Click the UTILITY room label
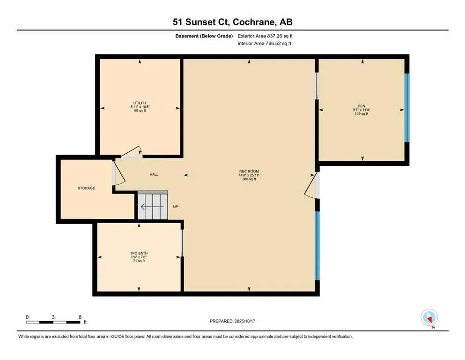click(140, 103)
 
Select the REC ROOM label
click(249, 172)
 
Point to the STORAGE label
click(86, 188)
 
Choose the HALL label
click(154, 175)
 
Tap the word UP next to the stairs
click(176, 207)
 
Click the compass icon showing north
click(429, 318)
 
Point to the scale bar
click(53, 322)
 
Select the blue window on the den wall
click(406, 107)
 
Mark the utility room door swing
click(132, 151)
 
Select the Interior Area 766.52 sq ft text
click(265, 44)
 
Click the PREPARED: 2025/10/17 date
click(232, 321)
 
